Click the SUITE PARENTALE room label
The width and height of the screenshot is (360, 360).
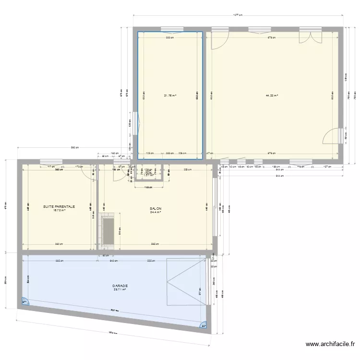59,207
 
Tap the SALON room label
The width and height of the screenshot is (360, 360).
155,209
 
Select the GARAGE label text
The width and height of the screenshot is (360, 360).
120,286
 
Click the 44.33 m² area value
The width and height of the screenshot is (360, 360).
272,96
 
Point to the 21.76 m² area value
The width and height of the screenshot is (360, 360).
170,96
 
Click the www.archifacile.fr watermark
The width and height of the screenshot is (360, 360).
330,344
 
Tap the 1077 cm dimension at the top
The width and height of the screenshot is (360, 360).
238,15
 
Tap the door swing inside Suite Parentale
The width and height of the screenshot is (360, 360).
88,172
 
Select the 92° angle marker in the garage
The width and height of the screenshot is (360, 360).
204,326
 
